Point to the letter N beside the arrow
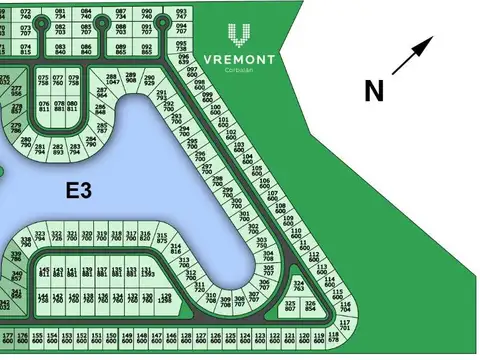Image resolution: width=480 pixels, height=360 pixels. click(374, 91)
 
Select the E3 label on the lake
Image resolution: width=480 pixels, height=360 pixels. click(80, 189)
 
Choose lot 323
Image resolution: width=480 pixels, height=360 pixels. click(40, 236)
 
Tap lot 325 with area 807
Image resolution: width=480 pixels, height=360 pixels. click(291, 305)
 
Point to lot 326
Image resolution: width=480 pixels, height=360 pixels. click(310, 305)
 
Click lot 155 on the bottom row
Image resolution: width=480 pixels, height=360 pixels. click(38, 336)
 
